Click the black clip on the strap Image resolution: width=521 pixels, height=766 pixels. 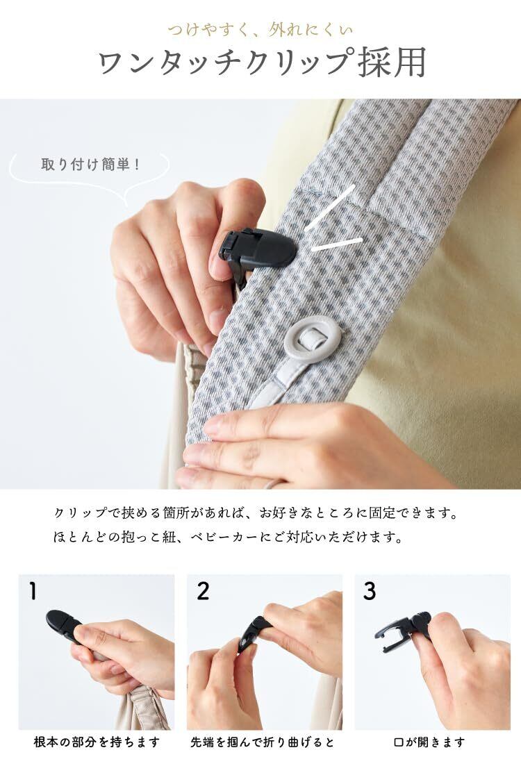(x=257, y=249)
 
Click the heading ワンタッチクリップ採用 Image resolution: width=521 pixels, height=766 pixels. (x=262, y=63)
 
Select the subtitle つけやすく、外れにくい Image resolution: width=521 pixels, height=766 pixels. (x=260, y=31)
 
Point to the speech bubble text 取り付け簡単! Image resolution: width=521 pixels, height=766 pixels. (x=91, y=164)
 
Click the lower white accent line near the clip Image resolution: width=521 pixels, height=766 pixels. (x=337, y=244)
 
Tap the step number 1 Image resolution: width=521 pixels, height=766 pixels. (x=33, y=590)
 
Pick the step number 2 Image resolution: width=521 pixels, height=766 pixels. (x=203, y=590)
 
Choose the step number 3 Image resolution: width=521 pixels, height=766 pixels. (x=370, y=590)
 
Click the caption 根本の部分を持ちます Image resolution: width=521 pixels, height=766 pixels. (x=97, y=742)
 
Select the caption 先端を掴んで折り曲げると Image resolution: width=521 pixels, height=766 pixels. (x=263, y=742)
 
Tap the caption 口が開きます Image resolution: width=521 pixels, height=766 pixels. (x=429, y=742)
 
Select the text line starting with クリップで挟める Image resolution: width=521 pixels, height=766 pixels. (x=256, y=513)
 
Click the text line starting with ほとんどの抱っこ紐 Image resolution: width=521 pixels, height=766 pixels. (x=229, y=538)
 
